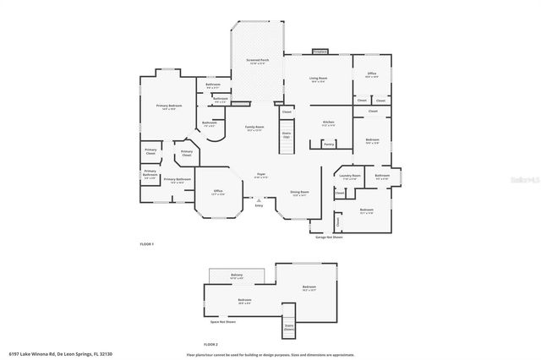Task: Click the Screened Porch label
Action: point(258,62)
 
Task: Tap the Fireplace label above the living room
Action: point(319,52)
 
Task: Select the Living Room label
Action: point(317,79)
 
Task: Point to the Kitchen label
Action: point(329,123)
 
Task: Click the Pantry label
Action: point(329,145)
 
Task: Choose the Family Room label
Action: point(254,128)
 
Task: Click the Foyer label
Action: point(261,176)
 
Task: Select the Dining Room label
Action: point(299,193)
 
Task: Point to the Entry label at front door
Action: point(259,205)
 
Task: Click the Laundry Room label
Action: point(350,177)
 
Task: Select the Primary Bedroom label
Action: point(169,106)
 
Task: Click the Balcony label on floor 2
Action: point(237,276)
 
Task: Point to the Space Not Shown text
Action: point(223,322)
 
